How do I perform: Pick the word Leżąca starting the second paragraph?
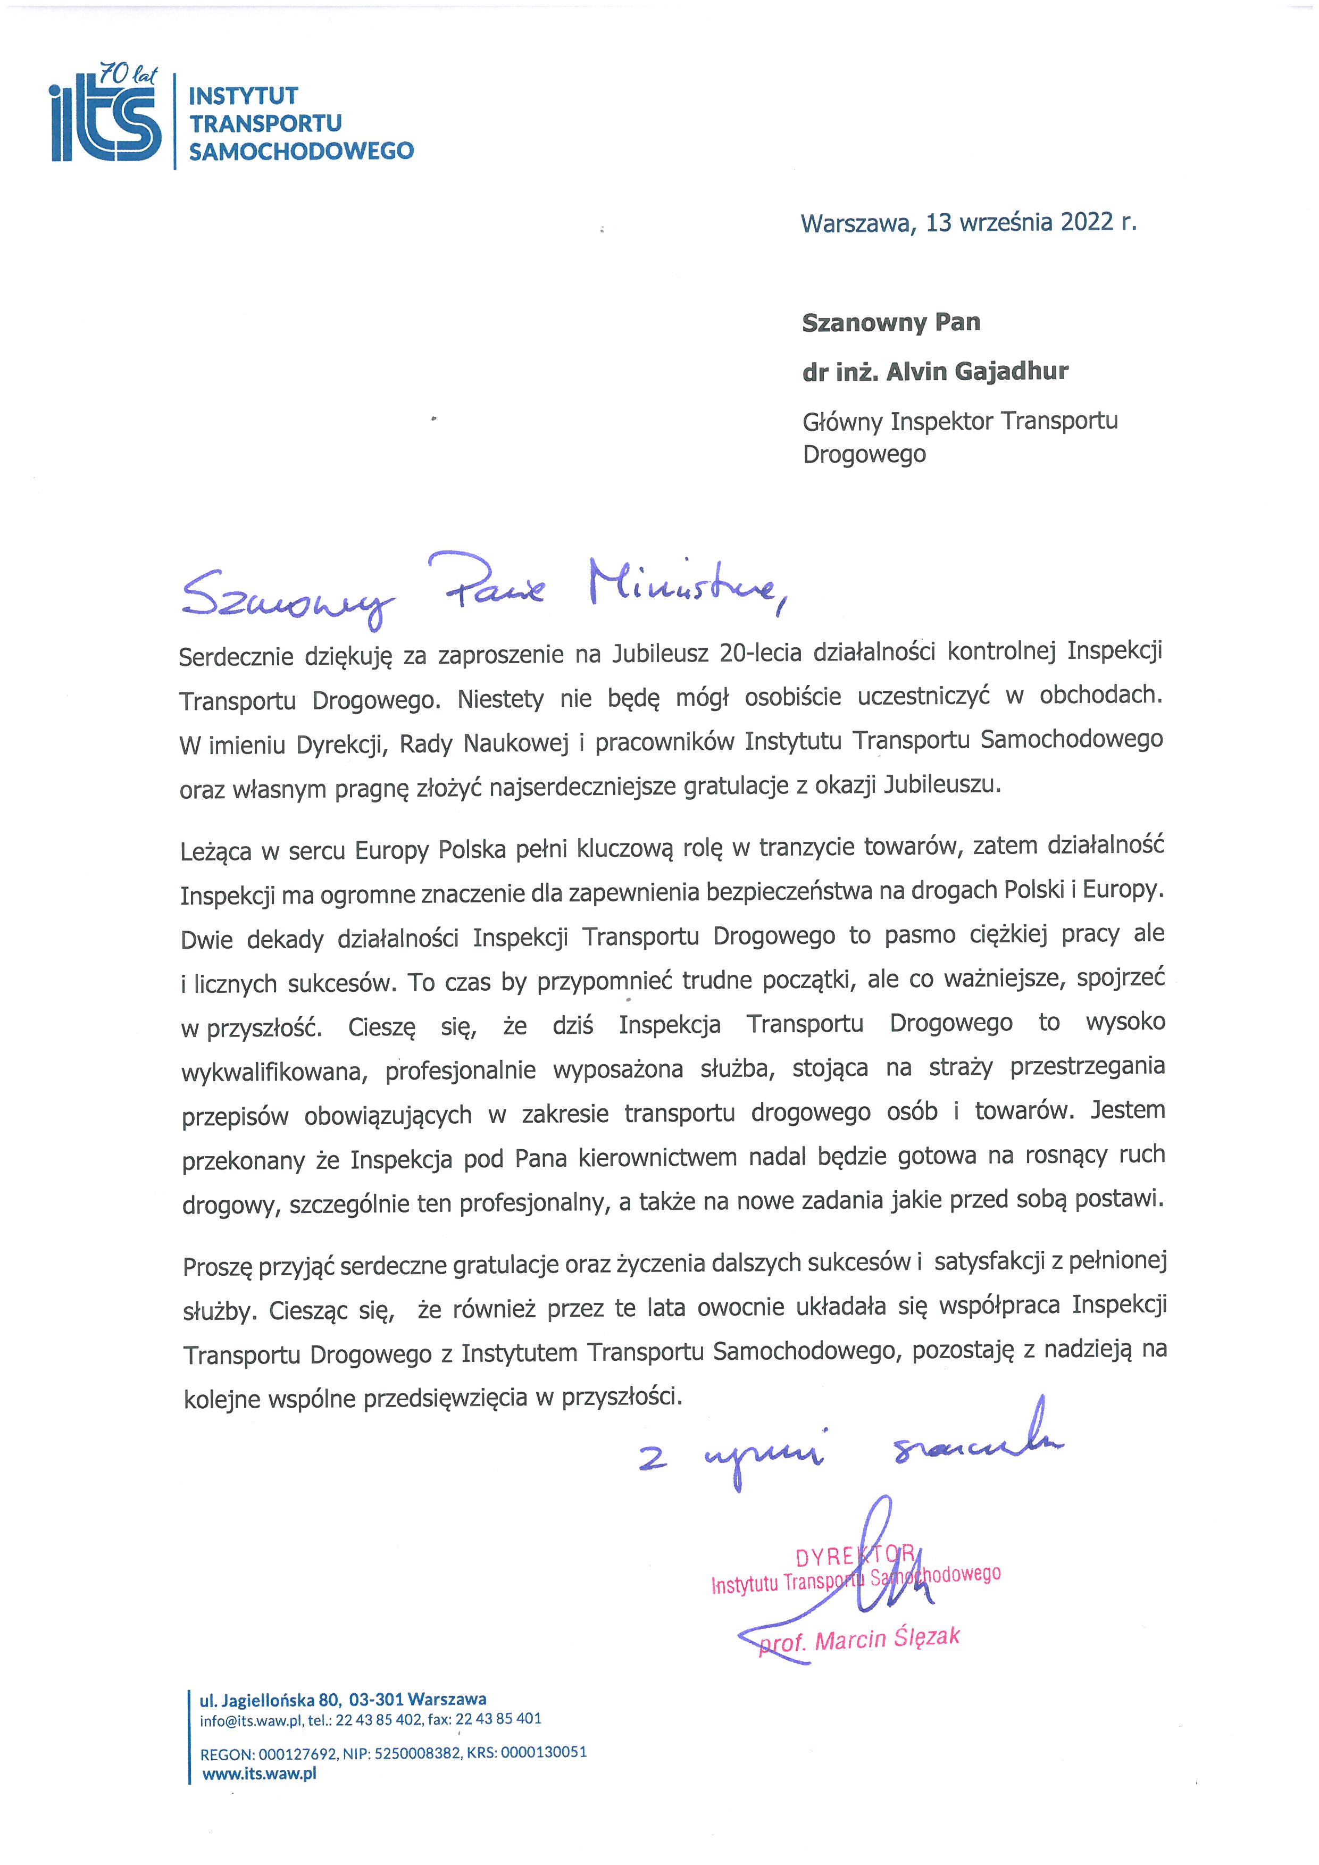click(x=215, y=852)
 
